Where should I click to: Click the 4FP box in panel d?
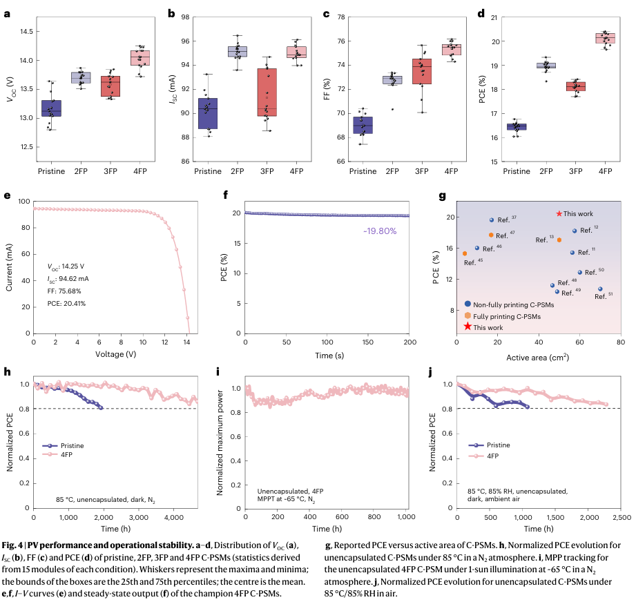click(x=605, y=38)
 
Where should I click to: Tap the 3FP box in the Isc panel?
click(x=267, y=92)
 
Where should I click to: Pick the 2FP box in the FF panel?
click(x=393, y=80)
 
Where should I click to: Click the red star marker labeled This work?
click(x=559, y=213)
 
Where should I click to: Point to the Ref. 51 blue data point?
click(x=600, y=289)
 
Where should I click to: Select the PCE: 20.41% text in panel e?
click(x=67, y=303)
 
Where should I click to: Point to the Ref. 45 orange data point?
click(x=465, y=253)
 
